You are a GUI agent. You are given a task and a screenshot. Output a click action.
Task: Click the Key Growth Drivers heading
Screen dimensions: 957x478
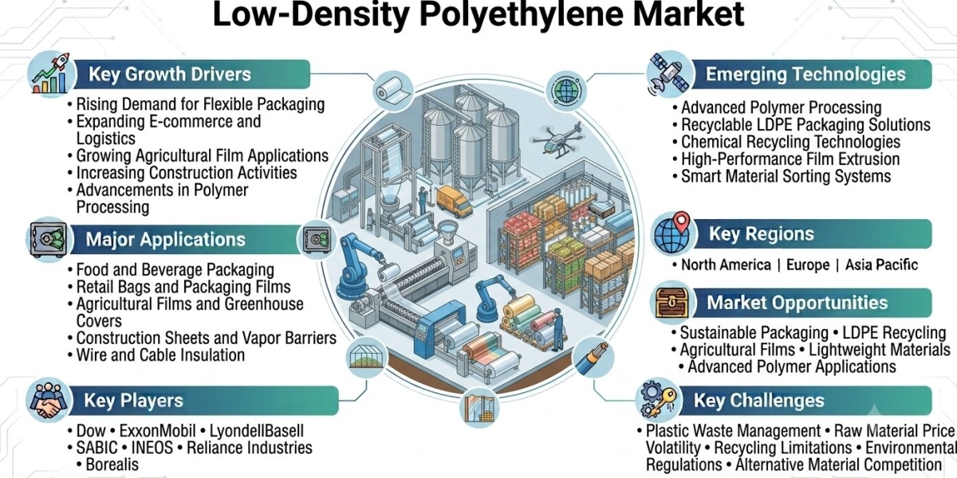[170, 74]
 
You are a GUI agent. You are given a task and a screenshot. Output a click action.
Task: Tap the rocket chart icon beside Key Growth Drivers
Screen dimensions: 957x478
[50, 73]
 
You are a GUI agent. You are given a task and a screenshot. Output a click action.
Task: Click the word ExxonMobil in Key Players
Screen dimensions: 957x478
[158, 431]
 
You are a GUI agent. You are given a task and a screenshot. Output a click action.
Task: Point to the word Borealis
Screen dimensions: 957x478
[112, 464]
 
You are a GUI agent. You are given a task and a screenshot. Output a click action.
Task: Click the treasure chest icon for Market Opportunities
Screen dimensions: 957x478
[672, 303]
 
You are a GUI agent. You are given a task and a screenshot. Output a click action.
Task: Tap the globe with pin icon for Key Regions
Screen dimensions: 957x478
[673, 234]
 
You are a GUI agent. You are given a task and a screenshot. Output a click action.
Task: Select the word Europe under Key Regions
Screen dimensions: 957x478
[808, 264]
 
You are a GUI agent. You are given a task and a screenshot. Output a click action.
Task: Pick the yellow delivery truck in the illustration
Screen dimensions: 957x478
[454, 201]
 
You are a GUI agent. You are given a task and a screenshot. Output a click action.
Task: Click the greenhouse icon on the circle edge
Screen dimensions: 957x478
[366, 357]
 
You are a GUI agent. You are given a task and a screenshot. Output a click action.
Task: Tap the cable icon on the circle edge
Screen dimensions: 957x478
[593, 358]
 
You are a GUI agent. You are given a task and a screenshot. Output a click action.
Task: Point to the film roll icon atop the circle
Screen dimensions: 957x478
[393, 91]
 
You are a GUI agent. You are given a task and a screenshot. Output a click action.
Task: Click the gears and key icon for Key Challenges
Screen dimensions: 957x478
[659, 400]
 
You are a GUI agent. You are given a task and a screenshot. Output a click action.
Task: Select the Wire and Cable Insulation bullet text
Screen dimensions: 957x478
[160, 355]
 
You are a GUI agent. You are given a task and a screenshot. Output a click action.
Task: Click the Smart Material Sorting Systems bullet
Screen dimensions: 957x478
[786, 176]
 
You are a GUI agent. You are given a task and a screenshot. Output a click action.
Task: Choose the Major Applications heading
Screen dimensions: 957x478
[165, 240]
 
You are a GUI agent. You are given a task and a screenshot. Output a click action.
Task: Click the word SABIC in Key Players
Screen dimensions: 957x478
[96, 448]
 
